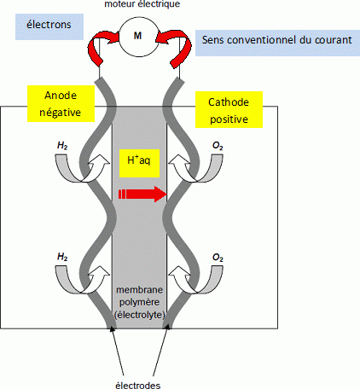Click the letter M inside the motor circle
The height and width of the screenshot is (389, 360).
(x=138, y=36)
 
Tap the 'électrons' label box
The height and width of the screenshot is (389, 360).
(x=49, y=26)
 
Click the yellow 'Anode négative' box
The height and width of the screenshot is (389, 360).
(x=61, y=104)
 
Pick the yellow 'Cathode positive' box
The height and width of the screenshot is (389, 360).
(x=229, y=110)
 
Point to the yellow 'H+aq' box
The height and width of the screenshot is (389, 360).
(x=139, y=163)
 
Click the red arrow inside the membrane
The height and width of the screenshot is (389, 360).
(x=142, y=194)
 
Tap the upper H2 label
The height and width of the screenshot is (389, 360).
(x=62, y=146)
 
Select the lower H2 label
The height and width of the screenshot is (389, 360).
(x=62, y=257)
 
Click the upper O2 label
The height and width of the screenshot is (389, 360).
(x=218, y=146)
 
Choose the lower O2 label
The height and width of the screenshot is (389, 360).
(x=218, y=258)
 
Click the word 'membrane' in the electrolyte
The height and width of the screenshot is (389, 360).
(x=140, y=290)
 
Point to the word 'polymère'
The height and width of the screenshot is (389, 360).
(x=139, y=302)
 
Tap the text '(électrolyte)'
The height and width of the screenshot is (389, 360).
(x=140, y=315)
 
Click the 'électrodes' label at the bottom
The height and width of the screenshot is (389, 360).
(x=138, y=386)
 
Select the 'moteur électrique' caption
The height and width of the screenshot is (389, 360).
(x=142, y=4)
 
